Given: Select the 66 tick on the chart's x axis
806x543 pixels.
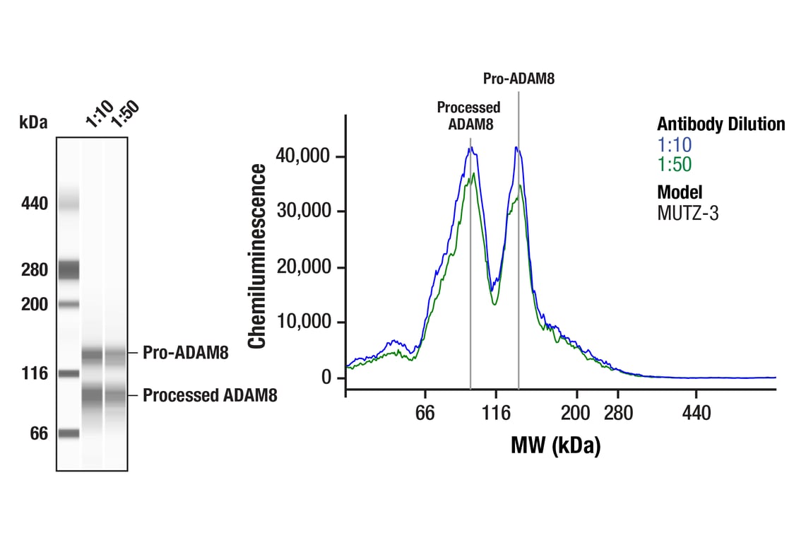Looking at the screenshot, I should click(x=425, y=413).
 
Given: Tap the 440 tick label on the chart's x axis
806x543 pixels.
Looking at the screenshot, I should click(x=697, y=413).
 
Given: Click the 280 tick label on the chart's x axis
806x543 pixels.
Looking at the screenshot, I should click(x=618, y=413).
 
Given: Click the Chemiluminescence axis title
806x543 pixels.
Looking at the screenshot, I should click(x=258, y=256).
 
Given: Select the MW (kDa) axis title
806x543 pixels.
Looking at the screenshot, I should click(x=555, y=445).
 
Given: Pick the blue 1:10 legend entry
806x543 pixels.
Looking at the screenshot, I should click(x=675, y=145).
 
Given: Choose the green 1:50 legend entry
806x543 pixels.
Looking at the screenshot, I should click(x=675, y=165).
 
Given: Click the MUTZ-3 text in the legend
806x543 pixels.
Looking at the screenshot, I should click(x=687, y=213).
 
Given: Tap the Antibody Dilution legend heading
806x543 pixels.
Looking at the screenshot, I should click(x=721, y=124).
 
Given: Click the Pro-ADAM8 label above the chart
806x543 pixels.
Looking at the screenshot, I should click(x=518, y=78).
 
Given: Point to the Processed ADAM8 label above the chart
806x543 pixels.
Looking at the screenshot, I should click(x=468, y=115).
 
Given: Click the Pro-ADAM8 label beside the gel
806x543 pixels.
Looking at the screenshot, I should click(x=185, y=353).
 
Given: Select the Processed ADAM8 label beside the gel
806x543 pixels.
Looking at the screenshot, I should click(x=210, y=395).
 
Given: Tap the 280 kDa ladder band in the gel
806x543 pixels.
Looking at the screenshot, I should click(x=69, y=269).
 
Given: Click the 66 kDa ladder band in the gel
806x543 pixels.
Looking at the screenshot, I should click(x=69, y=433).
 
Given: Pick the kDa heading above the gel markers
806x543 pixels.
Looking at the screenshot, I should click(x=33, y=122).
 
